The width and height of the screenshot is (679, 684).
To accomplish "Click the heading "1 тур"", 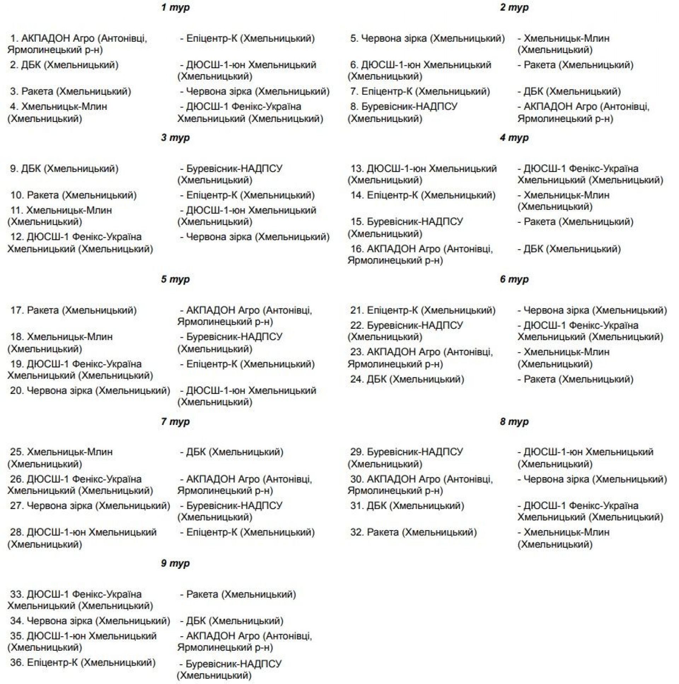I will [x=175, y=7].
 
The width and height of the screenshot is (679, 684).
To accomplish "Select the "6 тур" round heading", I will [x=514, y=279].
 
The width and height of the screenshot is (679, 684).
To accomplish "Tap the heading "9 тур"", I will [x=175, y=563].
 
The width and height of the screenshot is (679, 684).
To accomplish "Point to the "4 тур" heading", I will [x=514, y=138].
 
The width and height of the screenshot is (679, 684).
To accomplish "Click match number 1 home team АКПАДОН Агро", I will [x=77, y=43].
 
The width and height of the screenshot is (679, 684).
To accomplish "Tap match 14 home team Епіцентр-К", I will [x=431, y=195].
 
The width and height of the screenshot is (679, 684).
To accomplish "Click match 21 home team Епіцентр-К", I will [x=431, y=310].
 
